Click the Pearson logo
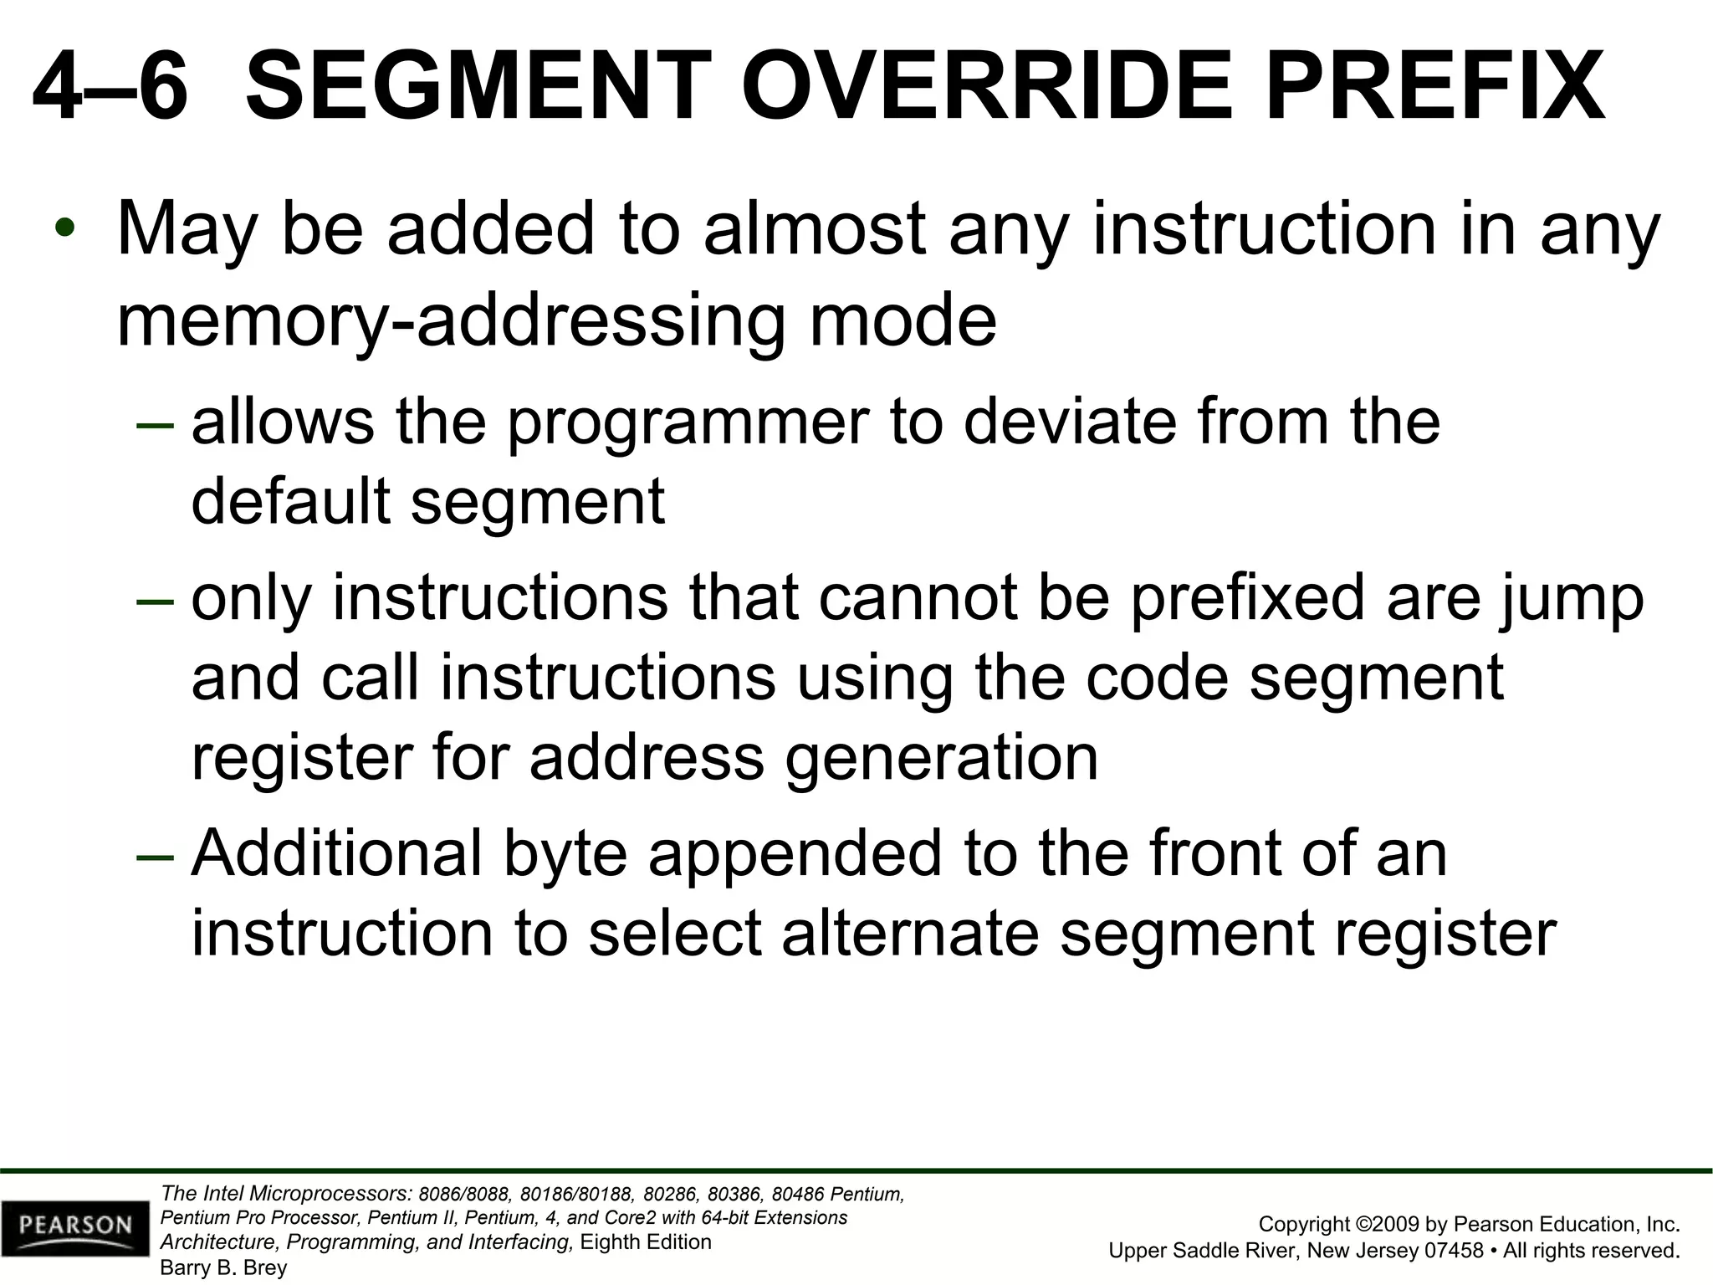(x=75, y=1227)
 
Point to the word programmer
(x=688, y=422)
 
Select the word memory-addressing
(x=451, y=323)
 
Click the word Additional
(x=337, y=853)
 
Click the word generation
(x=941, y=758)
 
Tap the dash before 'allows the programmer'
(x=155, y=423)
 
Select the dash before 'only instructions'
(x=155, y=599)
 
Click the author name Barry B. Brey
(x=223, y=1267)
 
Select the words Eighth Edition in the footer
(x=645, y=1241)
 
